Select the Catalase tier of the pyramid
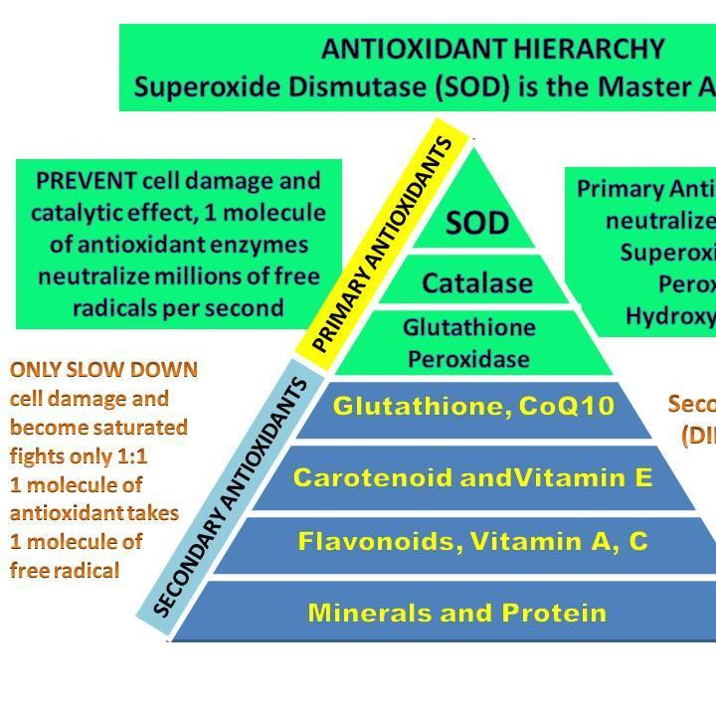[x=476, y=283]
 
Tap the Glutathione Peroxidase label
[x=469, y=342]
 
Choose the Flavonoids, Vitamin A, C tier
[x=472, y=542]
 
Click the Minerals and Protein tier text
[x=456, y=612]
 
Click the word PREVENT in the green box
[x=85, y=181]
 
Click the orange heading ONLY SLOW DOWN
[x=104, y=370]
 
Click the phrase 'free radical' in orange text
[x=65, y=570]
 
